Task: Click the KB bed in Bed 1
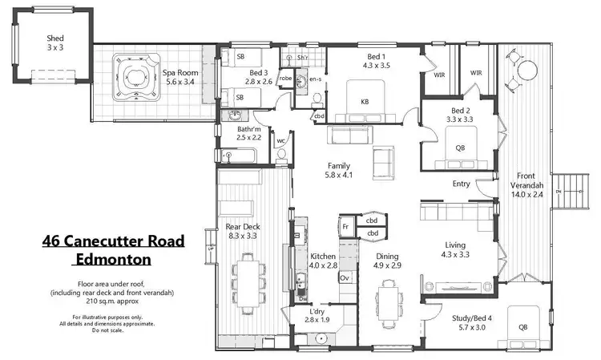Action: click(x=365, y=100)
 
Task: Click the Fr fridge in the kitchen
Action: click(x=345, y=227)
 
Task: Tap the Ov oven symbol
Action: click(x=345, y=277)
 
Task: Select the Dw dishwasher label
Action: click(x=302, y=298)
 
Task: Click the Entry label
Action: click(x=461, y=183)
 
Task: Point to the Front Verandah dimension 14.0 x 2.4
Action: click(x=526, y=193)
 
